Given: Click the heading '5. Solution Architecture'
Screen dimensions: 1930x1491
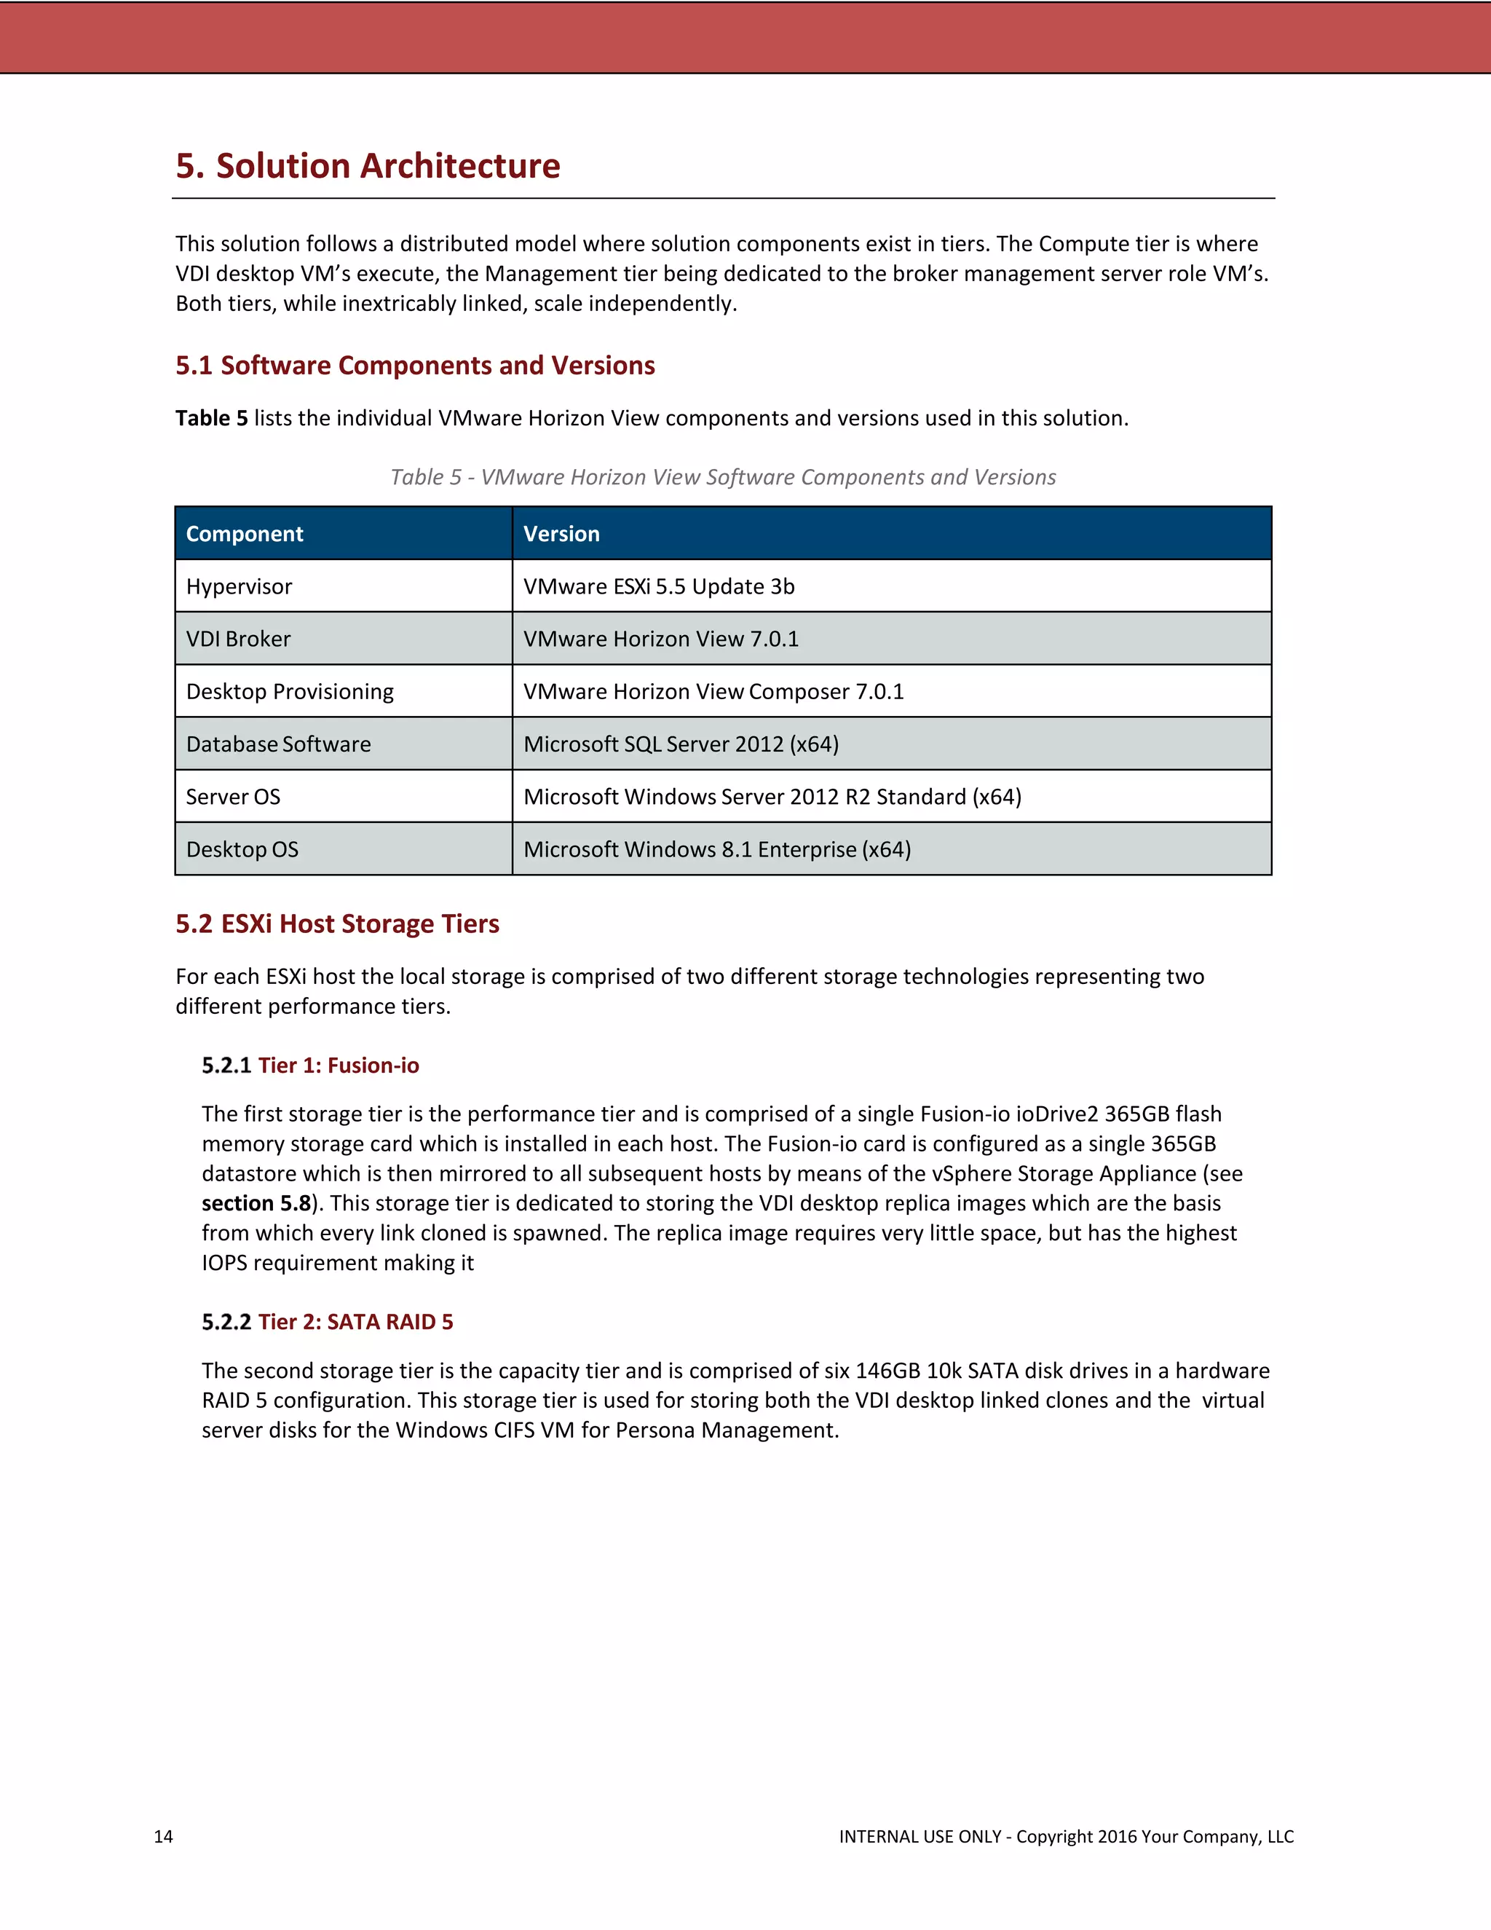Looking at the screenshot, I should pos(368,166).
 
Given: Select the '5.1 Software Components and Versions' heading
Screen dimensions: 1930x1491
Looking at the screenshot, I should pos(415,365).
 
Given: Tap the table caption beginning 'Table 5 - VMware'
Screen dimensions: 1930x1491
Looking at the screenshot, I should pos(722,477).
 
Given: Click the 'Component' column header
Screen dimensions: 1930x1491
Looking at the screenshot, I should pos(245,534).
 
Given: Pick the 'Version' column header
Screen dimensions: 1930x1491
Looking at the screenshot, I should pos(562,534).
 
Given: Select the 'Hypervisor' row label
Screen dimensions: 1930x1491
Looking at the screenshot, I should pos(239,587).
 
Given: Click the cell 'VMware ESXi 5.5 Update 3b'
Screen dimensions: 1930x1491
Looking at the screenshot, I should pos(659,587).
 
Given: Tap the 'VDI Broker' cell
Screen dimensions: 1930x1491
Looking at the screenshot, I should pos(239,639).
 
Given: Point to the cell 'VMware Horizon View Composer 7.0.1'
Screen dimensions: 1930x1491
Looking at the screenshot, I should pos(713,691).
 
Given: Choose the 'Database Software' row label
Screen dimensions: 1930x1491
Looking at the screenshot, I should pos(278,744).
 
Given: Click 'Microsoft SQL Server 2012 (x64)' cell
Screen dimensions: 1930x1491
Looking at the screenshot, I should pos(681,744).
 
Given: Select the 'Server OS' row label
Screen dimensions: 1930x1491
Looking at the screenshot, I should pos(233,797).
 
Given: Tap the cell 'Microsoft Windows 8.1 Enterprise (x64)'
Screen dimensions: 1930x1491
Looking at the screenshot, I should pos(717,849).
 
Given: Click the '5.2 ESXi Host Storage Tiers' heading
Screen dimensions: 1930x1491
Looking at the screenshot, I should pos(337,923).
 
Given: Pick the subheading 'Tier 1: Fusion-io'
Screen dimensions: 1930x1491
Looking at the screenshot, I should pos(339,1066).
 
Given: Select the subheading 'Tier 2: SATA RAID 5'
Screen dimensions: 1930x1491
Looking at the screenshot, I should pos(355,1322).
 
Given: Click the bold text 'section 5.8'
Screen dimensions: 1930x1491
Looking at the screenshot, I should pos(256,1204).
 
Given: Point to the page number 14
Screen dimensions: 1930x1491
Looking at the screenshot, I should pos(163,1836).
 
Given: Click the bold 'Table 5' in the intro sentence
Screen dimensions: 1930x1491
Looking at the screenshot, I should pos(211,418).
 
